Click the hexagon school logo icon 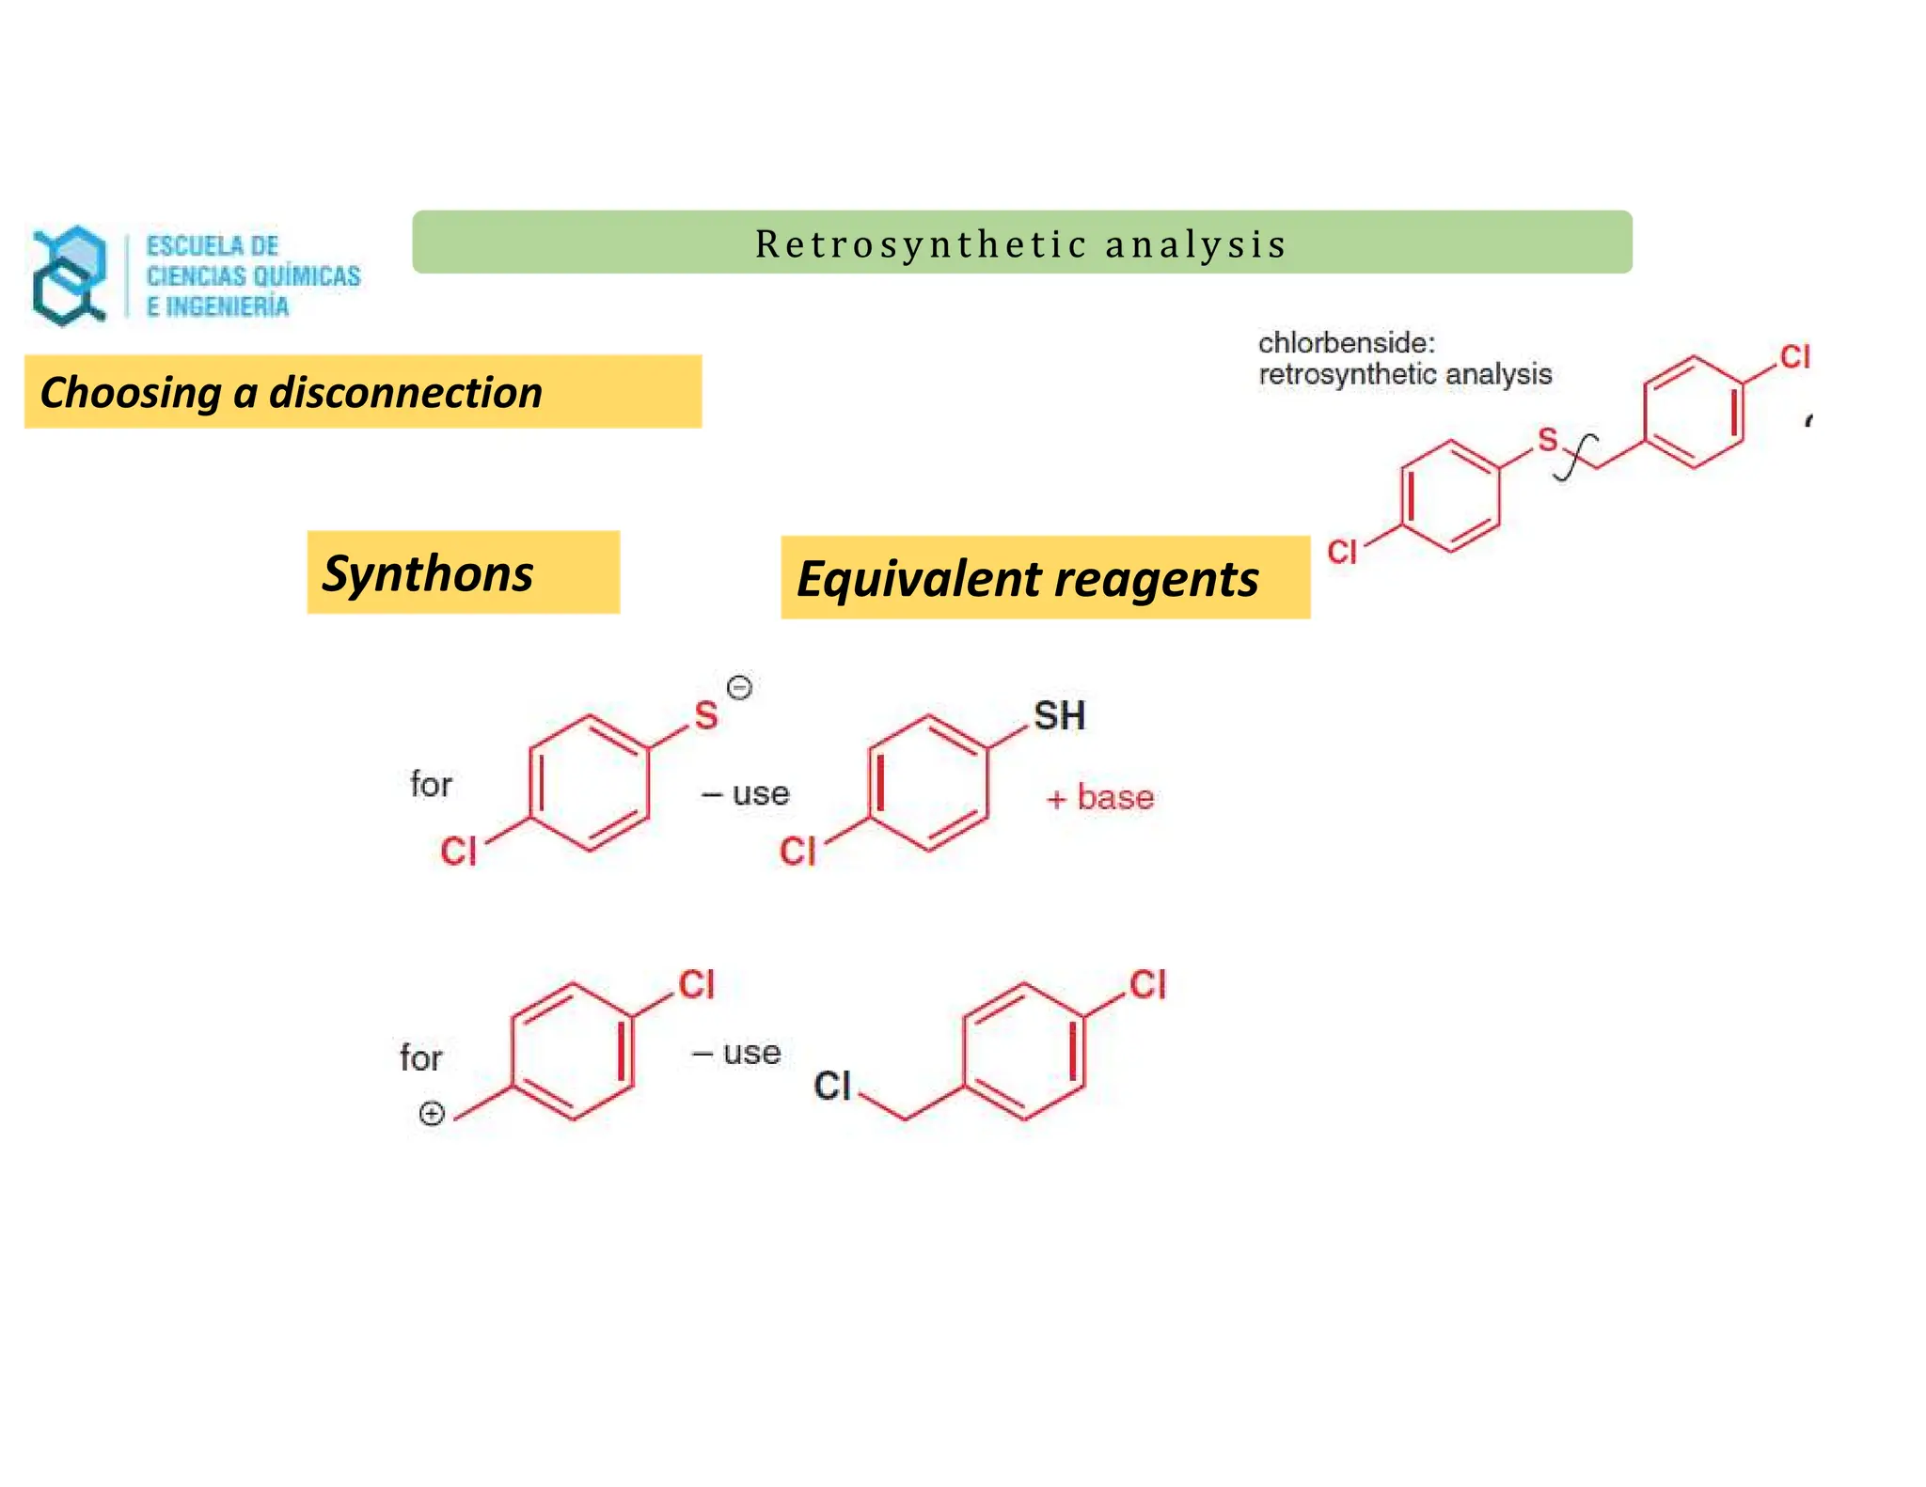pyautogui.click(x=69, y=275)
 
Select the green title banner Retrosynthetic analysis pyautogui.click(x=1021, y=243)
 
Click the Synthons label pyautogui.click(x=428, y=573)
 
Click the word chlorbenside pyautogui.click(x=1346, y=343)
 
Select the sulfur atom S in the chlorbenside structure pyautogui.click(x=1547, y=439)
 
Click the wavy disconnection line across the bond pyautogui.click(x=1576, y=457)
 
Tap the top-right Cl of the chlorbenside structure pyautogui.click(x=1794, y=357)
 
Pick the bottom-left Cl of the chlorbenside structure pyautogui.click(x=1342, y=552)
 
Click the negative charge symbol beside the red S pyautogui.click(x=740, y=688)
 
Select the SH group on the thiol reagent pyautogui.click(x=1059, y=716)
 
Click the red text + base pyautogui.click(x=1099, y=798)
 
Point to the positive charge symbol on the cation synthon pyautogui.click(x=432, y=1115)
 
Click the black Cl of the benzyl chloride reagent pyautogui.click(x=832, y=1087)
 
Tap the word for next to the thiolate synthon pyautogui.click(x=431, y=784)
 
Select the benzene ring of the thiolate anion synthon pyautogui.click(x=590, y=783)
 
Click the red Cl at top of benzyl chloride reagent pyautogui.click(x=1147, y=985)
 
